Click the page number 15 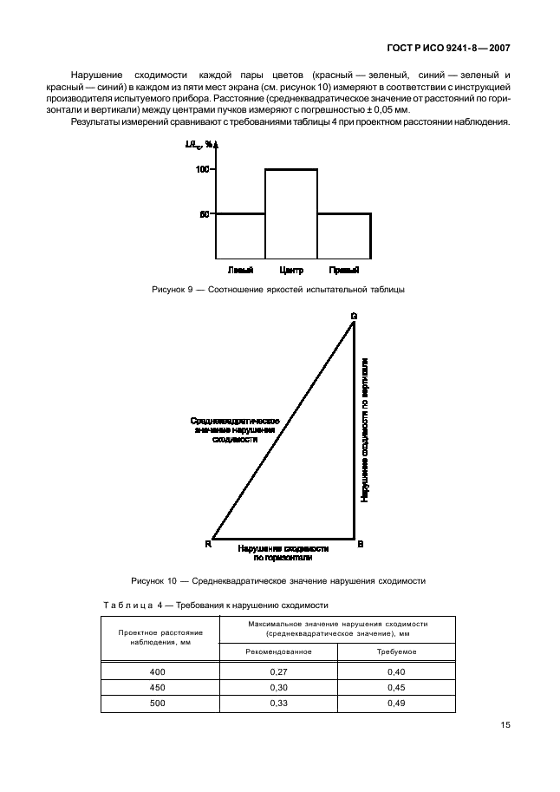[503, 726]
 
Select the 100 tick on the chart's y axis [203, 169]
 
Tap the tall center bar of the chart [291, 213]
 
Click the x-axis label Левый [240, 270]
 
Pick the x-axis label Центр [292, 270]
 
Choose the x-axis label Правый [344, 270]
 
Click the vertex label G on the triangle [354, 316]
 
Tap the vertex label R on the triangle [208, 543]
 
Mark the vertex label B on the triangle [361, 543]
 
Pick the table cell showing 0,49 [396, 704]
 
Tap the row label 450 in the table [156, 688]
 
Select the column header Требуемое [396, 651]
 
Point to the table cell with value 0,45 [396, 688]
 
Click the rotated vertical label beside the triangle [366, 429]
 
